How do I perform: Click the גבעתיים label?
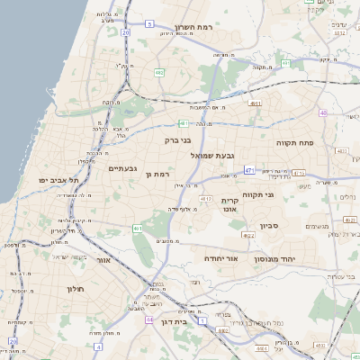pyautogui.click(x=122, y=168)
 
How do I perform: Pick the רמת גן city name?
pyautogui.click(x=157, y=174)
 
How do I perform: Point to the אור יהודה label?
pyautogui.click(x=220, y=258)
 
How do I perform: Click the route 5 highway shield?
pyautogui.click(x=284, y=63)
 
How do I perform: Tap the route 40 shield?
pyautogui.click(x=322, y=112)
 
